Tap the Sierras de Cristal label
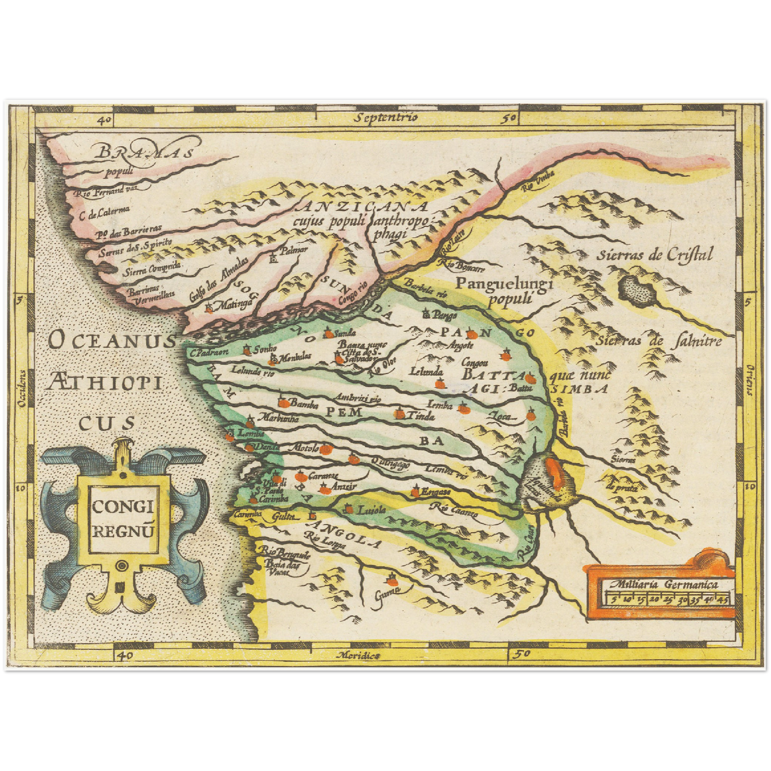(654, 255)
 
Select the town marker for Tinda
(400, 414)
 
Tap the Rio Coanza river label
(456, 511)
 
